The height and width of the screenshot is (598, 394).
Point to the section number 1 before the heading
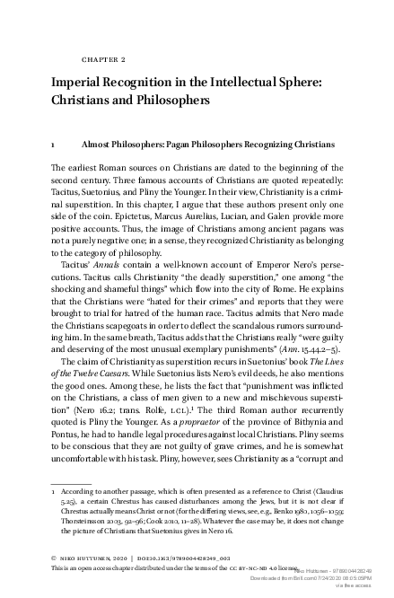click(53, 143)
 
